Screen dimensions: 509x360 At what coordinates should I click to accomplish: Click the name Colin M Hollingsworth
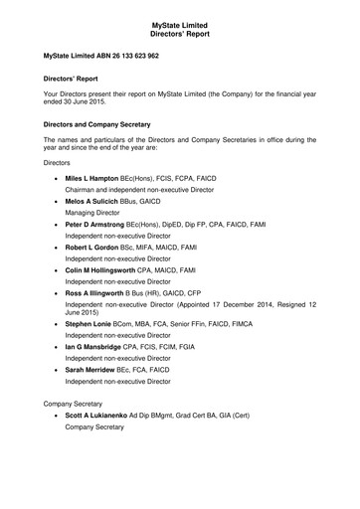106,270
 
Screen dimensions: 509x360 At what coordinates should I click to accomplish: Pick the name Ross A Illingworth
101,293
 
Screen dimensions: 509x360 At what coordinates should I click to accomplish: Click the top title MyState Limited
180,10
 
